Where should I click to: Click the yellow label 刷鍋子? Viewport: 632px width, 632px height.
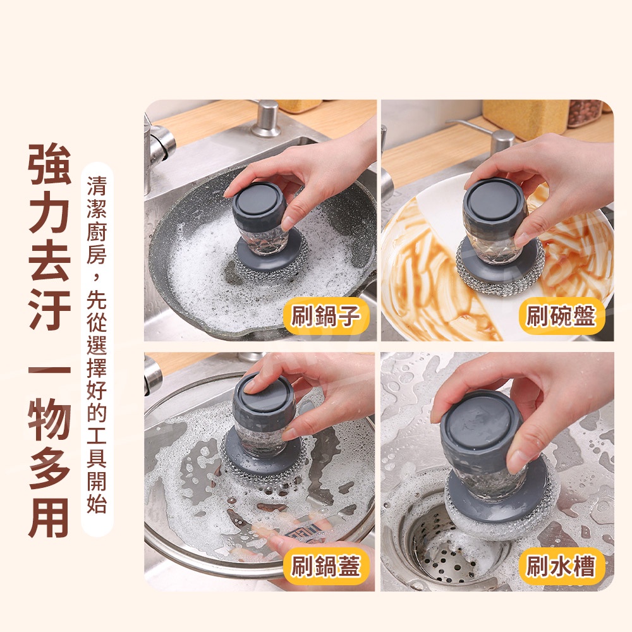(x=325, y=316)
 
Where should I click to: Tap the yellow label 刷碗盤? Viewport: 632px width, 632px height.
(x=561, y=316)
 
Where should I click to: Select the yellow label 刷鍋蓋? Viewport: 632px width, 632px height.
(x=325, y=567)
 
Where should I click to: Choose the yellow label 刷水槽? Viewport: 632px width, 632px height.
(x=561, y=567)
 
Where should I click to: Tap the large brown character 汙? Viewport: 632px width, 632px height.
(x=49, y=308)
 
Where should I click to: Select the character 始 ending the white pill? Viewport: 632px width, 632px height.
(x=97, y=503)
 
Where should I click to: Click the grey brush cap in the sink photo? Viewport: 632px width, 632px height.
(x=482, y=428)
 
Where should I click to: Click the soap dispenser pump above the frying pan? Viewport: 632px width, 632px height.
(x=266, y=119)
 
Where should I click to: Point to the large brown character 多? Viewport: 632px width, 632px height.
(x=49, y=468)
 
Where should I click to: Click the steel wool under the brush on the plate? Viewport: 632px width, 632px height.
(x=500, y=269)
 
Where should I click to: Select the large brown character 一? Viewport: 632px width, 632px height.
(x=49, y=370)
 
